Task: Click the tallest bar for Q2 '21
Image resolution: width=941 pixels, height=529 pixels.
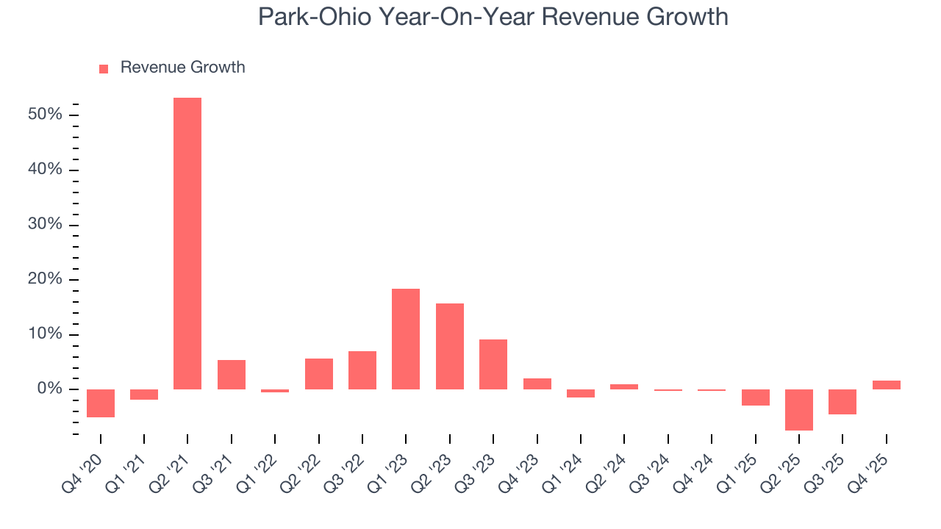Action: click(x=187, y=243)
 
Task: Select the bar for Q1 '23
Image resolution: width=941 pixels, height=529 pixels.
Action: click(x=406, y=339)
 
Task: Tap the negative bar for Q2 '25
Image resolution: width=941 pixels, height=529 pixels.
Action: click(x=798, y=409)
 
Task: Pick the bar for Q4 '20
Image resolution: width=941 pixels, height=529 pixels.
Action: click(x=101, y=403)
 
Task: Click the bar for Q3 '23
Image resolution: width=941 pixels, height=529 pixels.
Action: click(x=493, y=364)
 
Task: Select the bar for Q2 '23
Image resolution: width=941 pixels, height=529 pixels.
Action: click(x=449, y=346)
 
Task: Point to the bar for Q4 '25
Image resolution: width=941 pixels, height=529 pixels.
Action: click(x=886, y=384)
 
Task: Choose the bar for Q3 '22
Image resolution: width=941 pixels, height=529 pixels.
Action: click(x=362, y=370)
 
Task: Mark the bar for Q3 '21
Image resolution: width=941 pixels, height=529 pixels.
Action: click(x=232, y=374)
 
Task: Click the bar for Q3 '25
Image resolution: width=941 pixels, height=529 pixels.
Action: click(x=842, y=401)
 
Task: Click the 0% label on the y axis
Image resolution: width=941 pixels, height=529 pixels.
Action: click(x=50, y=389)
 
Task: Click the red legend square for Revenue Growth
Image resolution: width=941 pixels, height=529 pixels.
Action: click(x=104, y=68)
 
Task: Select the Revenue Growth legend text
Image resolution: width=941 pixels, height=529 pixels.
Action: click(x=182, y=68)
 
